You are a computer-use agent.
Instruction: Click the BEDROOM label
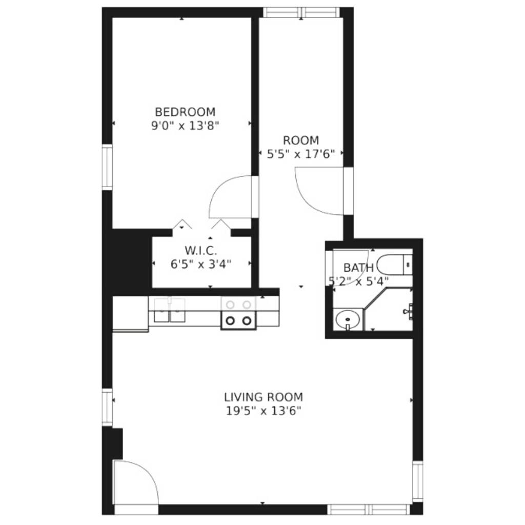coord(185,112)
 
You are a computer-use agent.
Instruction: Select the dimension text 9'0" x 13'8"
coord(185,126)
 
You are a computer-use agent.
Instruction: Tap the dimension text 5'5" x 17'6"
coord(300,154)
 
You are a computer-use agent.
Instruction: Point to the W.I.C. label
coord(201,250)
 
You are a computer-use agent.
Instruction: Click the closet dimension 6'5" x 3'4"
coord(201,265)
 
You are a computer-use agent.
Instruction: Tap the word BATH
coord(358,268)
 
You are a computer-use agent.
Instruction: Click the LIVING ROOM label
coord(264,397)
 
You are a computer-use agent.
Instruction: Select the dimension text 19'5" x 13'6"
coord(264,411)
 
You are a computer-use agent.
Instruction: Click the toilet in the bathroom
coord(394,265)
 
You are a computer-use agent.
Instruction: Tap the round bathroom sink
coord(348,319)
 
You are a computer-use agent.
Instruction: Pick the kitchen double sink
coord(169,310)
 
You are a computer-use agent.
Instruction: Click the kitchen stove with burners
coord(238,313)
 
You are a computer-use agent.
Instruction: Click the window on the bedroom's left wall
coord(107,168)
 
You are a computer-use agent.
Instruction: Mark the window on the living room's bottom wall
coord(369,510)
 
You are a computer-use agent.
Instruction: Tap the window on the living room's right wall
coord(418,481)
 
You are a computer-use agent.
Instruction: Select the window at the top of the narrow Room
coord(301,12)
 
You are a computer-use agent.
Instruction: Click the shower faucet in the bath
coord(409,311)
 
